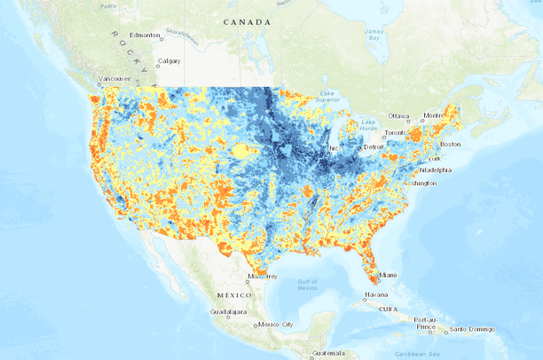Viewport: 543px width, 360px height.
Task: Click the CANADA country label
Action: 248,21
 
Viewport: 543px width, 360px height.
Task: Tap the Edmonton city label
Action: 145,35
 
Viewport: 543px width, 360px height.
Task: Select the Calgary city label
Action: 169,62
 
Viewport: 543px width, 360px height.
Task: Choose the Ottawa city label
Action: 398,116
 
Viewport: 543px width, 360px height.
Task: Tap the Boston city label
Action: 450,144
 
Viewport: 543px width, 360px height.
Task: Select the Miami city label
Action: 390,275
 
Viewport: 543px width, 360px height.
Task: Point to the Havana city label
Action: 376,295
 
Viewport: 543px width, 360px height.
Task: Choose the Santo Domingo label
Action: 470,329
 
